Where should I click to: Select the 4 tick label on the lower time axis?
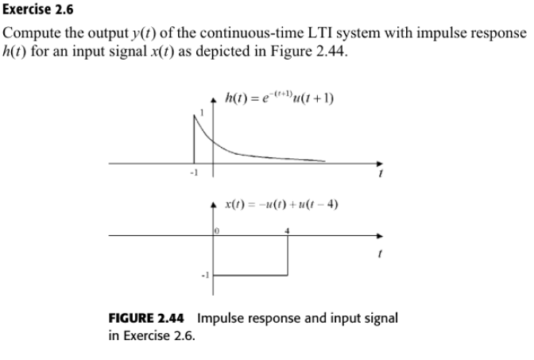(288, 230)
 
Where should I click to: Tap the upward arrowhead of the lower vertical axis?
(212, 202)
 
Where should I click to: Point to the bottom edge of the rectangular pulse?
(250, 276)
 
